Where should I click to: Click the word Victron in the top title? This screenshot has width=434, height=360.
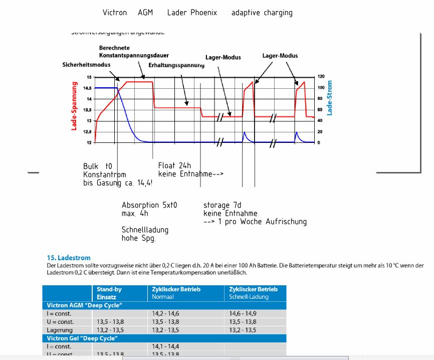pos(115,13)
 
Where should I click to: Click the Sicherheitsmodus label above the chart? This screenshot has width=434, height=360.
pos(86,65)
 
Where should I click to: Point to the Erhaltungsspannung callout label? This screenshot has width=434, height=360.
pos(176,65)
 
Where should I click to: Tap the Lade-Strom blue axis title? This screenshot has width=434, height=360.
pos(329,98)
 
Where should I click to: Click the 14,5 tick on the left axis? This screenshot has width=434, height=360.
pos(88,88)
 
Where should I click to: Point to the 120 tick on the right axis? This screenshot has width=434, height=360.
pos(321,77)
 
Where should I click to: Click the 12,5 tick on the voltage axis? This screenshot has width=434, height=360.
pos(88,132)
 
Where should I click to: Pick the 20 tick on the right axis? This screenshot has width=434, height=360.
pos(320,132)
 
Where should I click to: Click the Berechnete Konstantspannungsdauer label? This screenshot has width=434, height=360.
pos(133,52)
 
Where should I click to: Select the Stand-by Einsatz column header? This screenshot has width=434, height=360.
pos(109,293)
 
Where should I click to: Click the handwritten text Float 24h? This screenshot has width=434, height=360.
pos(174,166)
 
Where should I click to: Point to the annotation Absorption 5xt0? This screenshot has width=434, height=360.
pos(149,205)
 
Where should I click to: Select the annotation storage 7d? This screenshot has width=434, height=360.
pos(223,205)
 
